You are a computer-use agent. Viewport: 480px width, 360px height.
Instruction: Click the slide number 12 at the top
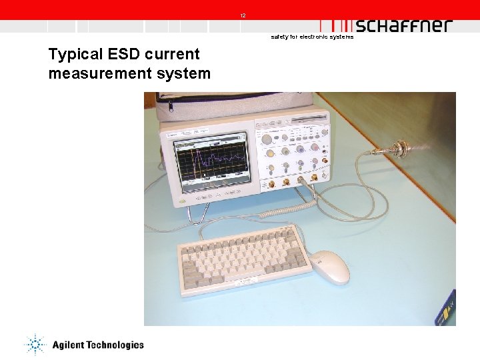coord(243,15)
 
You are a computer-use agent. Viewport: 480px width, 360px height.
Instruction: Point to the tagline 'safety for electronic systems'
coord(312,37)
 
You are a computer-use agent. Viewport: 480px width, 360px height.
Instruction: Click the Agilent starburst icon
coord(35,344)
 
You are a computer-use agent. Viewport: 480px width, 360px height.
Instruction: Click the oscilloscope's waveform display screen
coord(211,161)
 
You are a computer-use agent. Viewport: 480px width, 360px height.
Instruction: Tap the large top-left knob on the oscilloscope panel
coord(267,139)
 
